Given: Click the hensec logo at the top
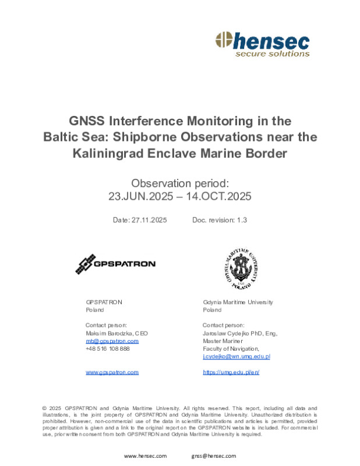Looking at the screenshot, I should point(262,44).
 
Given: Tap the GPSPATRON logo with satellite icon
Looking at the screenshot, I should point(115,264).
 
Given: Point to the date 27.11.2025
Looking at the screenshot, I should point(149,220).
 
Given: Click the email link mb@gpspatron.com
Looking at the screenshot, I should point(112,341).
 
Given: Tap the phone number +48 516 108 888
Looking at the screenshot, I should point(108,348).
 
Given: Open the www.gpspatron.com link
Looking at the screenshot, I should point(112,372).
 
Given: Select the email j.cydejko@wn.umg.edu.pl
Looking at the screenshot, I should point(236,356).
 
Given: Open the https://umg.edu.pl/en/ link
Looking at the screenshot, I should point(231,372).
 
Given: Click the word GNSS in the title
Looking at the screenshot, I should point(87,121).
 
